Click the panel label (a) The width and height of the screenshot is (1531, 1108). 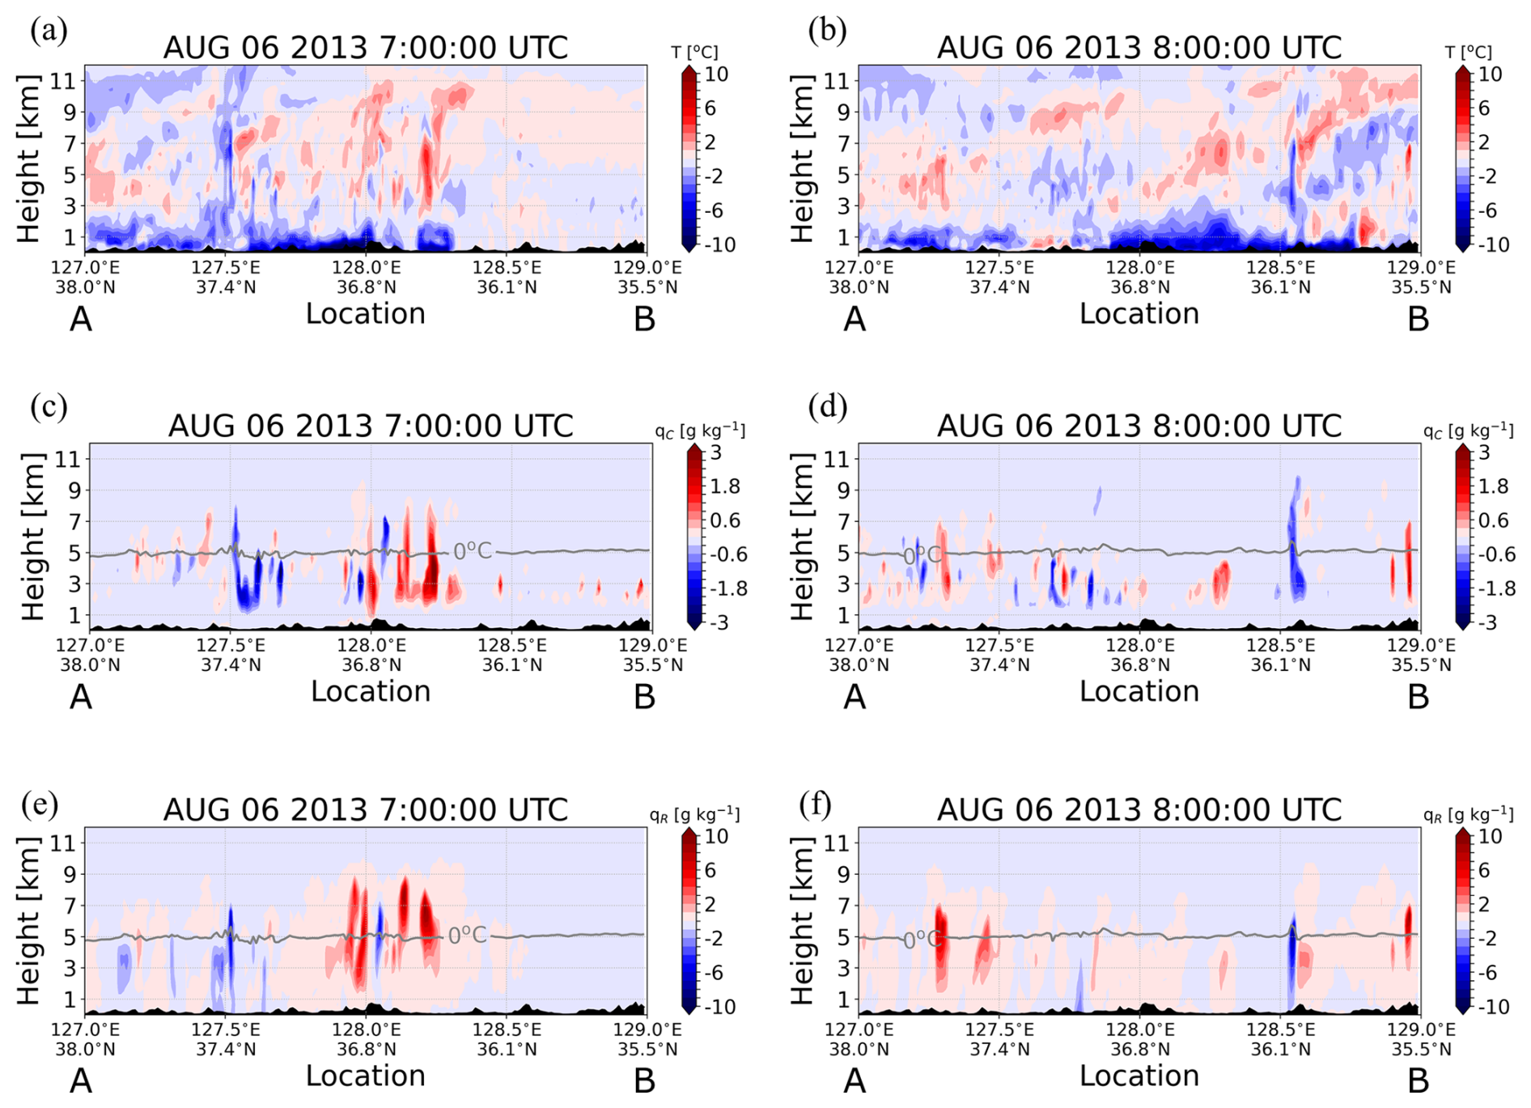[x=49, y=31]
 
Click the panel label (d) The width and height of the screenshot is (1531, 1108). [x=827, y=406]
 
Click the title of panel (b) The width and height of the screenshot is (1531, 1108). [x=1139, y=48]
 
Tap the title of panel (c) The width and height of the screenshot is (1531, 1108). [x=371, y=426]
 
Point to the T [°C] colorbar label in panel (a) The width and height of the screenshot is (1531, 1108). [x=694, y=53]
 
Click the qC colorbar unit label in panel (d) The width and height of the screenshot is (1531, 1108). [x=1468, y=431]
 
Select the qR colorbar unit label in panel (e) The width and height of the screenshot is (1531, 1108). [x=694, y=814]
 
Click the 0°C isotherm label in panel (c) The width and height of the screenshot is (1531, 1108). [x=472, y=551]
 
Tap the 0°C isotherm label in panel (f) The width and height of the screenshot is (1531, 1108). [x=922, y=940]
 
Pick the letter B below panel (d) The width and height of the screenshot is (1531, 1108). [x=1418, y=697]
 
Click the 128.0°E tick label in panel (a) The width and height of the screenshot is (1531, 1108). [x=365, y=267]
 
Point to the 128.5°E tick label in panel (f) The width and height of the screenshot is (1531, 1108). [x=1280, y=1029]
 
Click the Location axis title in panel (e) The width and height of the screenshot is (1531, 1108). [x=366, y=1076]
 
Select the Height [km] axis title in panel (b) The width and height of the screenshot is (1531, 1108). [x=801, y=159]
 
